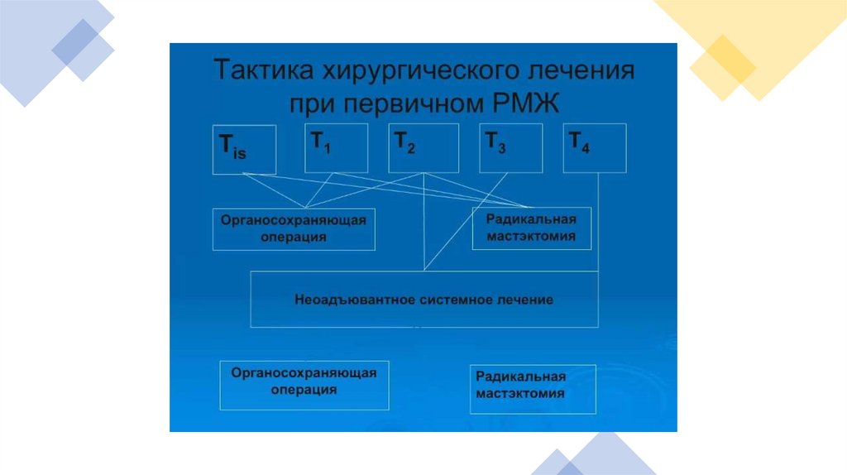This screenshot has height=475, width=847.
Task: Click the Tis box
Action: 243,149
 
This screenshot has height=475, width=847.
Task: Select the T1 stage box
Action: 336,148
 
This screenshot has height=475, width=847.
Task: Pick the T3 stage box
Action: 510,148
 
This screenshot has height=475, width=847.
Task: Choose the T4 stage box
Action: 594,148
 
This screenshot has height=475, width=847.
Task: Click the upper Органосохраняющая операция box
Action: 294,229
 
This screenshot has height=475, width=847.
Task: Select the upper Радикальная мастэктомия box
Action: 531,228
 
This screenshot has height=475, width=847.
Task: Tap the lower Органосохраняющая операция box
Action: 304,385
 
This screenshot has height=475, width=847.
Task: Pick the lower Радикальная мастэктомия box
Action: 532,388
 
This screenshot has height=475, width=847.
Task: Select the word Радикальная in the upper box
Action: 530,219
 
